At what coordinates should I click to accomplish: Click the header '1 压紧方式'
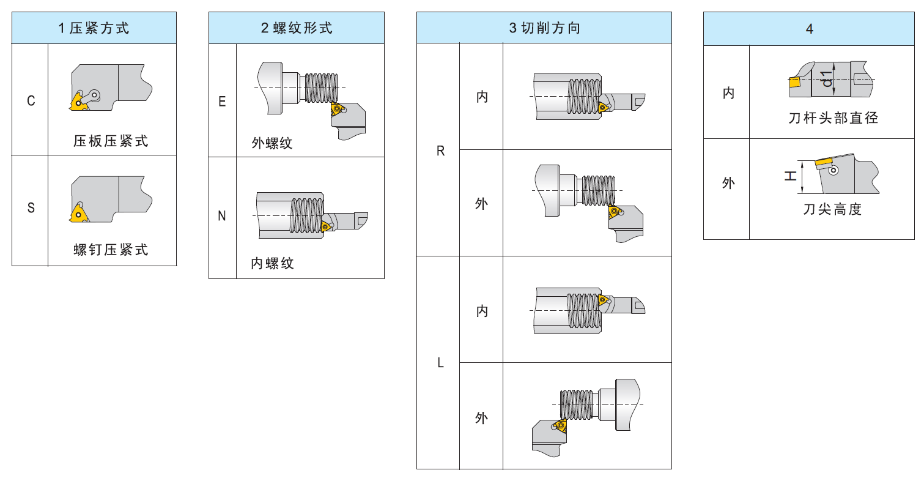94,28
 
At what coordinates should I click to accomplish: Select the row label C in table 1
31,101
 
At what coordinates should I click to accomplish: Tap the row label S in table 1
31,208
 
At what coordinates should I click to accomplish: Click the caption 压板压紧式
111,141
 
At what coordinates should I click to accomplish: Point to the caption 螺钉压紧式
111,250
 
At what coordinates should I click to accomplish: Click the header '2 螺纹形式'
297,28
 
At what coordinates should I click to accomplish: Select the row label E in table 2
222,101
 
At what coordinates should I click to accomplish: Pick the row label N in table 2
222,216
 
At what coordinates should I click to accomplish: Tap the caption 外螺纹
272,143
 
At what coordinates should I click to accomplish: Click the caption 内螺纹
273,263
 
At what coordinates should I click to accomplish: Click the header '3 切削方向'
544,28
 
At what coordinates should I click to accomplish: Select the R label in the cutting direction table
440,151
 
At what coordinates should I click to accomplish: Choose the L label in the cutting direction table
440,363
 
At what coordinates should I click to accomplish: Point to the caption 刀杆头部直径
833,118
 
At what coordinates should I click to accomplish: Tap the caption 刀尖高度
832,209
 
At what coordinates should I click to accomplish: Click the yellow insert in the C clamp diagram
78,100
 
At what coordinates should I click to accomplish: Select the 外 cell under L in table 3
482,419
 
